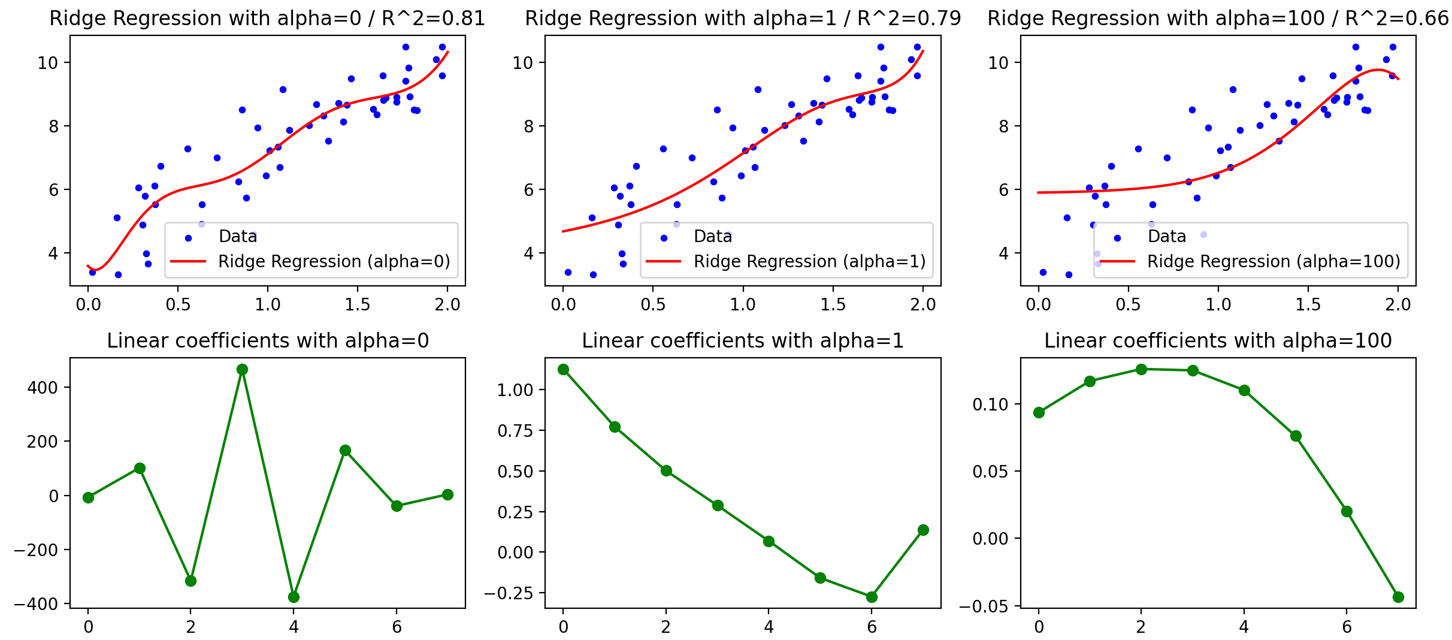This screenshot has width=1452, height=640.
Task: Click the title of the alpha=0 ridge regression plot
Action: click(267, 19)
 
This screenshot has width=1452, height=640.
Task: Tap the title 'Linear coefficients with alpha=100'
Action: click(1218, 341)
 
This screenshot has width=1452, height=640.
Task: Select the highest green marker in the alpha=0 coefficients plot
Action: click(242, 369)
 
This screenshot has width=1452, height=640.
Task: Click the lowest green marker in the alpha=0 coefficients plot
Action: click(294, 597)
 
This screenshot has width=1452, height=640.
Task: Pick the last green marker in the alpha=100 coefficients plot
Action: click(1398, 597)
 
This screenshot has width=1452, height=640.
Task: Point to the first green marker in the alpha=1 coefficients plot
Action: click(563, 369)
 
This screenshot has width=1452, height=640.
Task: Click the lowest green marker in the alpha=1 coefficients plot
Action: click(872, 597)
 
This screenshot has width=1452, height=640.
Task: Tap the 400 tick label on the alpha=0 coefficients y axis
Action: click(43, 388)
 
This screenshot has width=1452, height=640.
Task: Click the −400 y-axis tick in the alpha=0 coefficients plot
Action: click(36, 604)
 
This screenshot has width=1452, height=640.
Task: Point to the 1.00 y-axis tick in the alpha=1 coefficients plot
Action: click(515, 390)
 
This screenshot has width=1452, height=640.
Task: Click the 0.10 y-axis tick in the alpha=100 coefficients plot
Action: click(991, 404)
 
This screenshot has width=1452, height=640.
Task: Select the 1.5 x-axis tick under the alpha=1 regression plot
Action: click(833, 305)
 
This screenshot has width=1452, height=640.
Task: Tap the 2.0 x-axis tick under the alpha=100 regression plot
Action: click(1398, 305)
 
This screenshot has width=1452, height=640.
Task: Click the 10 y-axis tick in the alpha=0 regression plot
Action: click(47, 63)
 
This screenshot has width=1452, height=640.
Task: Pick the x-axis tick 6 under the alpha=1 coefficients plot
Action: click(872, 627)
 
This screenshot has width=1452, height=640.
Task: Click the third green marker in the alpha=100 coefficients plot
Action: click(1141, 369)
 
